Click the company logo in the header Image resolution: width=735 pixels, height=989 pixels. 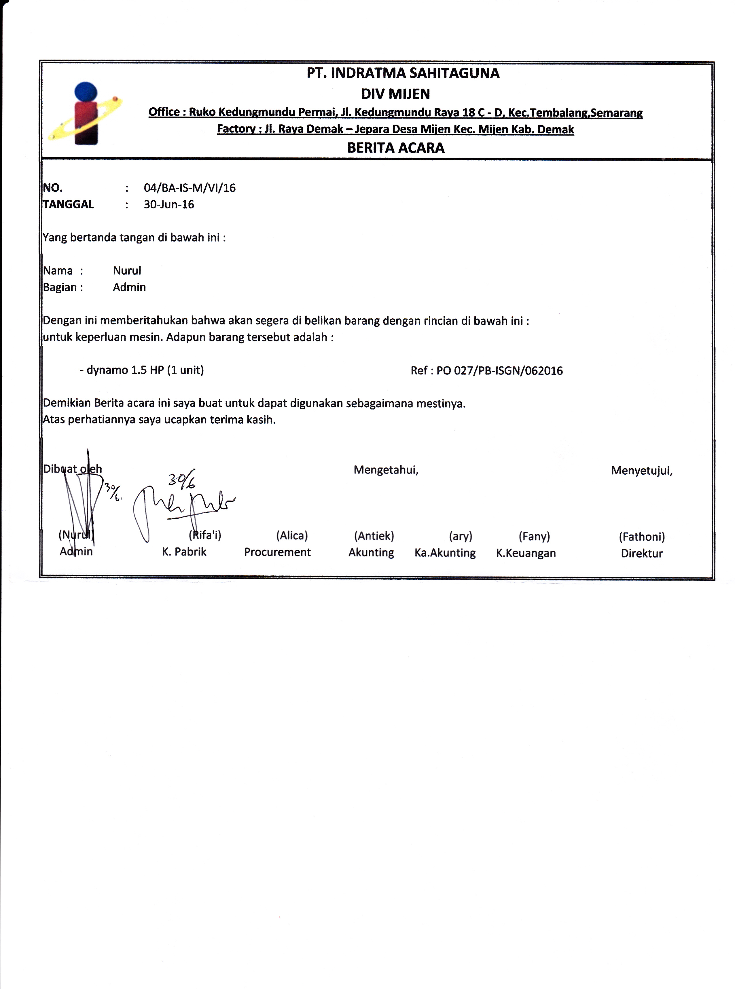point(86,114)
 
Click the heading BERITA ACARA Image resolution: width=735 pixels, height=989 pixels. point(395,148)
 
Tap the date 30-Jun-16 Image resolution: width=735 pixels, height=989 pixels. point(168,205)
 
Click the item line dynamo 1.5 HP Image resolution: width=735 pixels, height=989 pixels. point(141,370)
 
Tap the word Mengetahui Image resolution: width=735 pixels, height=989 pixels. point(386,470)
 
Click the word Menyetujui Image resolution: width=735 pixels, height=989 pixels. point(641,471)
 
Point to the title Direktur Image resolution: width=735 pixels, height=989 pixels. point(642,554)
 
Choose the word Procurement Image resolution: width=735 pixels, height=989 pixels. point(277,552)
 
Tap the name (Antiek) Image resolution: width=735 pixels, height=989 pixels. point(374,536)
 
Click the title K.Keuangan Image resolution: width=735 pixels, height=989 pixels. point(526,553)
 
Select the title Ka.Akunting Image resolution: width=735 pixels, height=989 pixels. point(445,553)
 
